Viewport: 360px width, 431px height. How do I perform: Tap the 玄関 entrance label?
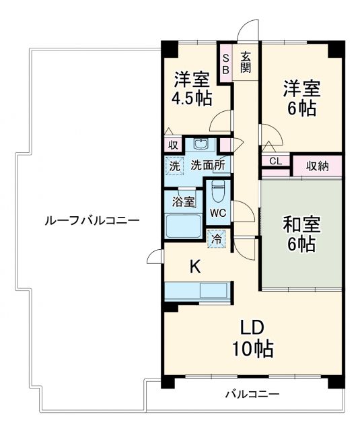246,62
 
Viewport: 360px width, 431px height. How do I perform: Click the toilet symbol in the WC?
217,191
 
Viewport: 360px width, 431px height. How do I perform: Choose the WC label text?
217,213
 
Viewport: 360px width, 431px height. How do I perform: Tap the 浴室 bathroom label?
182,201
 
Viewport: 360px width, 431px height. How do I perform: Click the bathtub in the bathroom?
183,226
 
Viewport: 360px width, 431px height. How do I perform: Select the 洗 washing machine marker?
174,165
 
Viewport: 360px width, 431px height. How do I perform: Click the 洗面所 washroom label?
207,165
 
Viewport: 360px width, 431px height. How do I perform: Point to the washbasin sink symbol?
201,143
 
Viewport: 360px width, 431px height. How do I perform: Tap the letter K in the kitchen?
194,267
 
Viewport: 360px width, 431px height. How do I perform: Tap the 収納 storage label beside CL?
318,165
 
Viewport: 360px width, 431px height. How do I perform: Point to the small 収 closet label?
173,145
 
